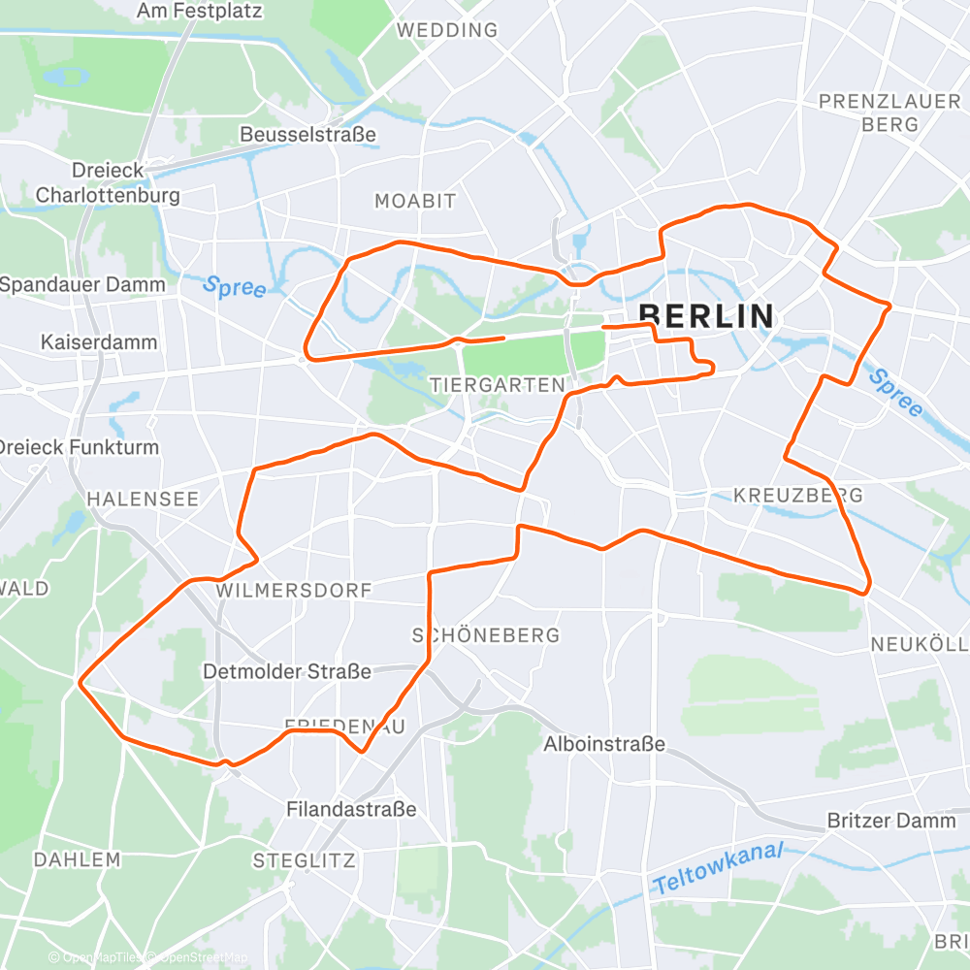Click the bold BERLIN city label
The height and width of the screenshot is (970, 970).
(x=707, y=316)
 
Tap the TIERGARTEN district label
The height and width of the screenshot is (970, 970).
(x=497, y=385)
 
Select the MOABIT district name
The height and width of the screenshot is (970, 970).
(x=415, y=201)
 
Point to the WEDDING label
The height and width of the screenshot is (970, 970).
(x=447, y=30)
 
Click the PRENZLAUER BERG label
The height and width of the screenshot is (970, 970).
(x=869, y=113)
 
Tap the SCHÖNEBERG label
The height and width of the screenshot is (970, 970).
(x=486, y=635)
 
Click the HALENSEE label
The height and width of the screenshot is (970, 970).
(x=143, y=499)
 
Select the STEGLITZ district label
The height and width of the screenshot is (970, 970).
(x=304, y=860)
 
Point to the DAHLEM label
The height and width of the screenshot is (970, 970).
(x=77, y=859)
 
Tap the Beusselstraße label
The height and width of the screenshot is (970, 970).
(x=308, y=134)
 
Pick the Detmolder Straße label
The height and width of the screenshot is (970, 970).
(x=287, y=671)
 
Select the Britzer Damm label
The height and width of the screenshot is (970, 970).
(x=891, y=821)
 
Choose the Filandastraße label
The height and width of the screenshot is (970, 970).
(x=351, y=808)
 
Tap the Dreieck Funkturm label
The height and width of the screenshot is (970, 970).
(x=78, y=447)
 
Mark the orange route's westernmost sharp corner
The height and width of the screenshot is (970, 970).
(x=80, y=682)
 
